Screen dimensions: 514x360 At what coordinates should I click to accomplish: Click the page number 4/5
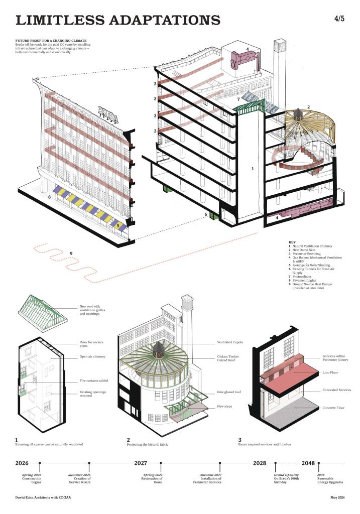[339, 19]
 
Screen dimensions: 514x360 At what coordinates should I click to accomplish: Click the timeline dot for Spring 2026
[39, 463]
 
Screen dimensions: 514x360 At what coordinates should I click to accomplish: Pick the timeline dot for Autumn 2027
[219, 463]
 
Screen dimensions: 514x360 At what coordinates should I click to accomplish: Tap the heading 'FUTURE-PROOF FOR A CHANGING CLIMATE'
[51, 40]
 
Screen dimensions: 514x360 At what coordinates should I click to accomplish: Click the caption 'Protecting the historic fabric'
[153, 444]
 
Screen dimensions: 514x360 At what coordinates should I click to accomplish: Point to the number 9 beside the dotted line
[71, 252]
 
